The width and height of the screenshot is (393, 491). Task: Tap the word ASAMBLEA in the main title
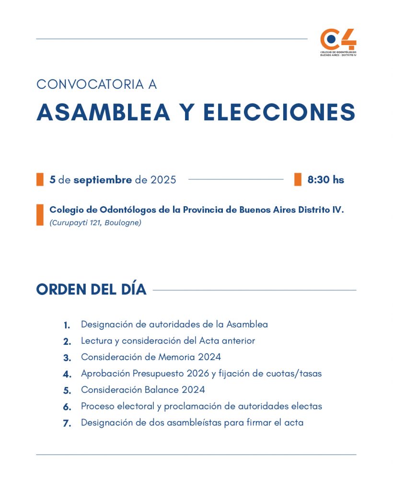click(103, 112)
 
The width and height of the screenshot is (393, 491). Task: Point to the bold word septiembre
click(103, 180)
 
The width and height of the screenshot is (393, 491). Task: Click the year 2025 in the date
click(163, 180)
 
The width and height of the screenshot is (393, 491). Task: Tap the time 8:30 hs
click(326, 180)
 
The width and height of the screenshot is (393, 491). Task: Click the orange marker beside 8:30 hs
click(298, 179)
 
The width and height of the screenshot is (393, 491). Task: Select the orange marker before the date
click(40, 179)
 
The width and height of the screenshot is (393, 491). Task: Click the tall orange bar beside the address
click(40, 215)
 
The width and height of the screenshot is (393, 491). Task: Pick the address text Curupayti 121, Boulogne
click(95, 223)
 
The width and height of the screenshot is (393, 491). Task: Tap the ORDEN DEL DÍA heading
click(91, 290)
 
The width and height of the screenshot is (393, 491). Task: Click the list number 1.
click(67, 325)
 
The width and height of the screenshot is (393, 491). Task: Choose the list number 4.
click(67, 374)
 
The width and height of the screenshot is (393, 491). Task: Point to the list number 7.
click(67, 423)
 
